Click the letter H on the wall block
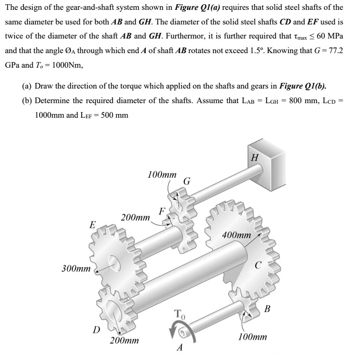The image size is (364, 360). point(254,157)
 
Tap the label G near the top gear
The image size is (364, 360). point(187,181)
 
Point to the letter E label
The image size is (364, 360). point(92,225)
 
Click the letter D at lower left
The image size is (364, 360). point(96,329)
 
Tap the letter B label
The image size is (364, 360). point(267,310)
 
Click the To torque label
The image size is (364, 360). point(179,314)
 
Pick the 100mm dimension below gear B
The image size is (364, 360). point(252,337)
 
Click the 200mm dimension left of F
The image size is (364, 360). point(135,216)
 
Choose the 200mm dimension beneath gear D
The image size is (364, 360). point(124,341)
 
